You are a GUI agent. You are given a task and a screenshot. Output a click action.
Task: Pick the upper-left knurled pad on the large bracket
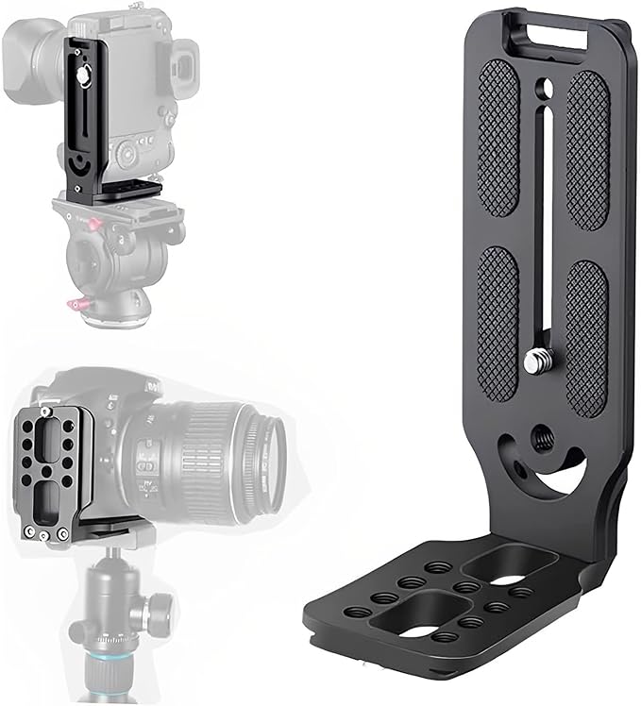[x=498, y=142]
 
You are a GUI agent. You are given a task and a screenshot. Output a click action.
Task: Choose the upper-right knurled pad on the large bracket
[x=588, y=149]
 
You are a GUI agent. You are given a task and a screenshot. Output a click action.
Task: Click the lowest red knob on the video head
[x=75, y=305]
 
